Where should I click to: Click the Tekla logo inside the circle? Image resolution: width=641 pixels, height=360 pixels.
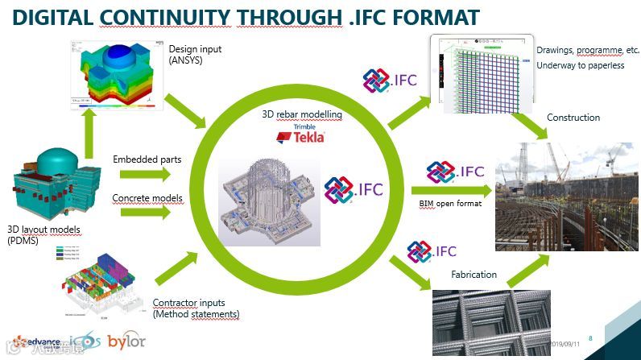[x=301, y=135]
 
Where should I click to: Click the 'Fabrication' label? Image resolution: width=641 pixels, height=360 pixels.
[x=474, y=274]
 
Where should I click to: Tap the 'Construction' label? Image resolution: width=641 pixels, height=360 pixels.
[x=573, y=118]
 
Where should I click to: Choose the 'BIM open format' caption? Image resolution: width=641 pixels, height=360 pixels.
[x=450, y=203]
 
